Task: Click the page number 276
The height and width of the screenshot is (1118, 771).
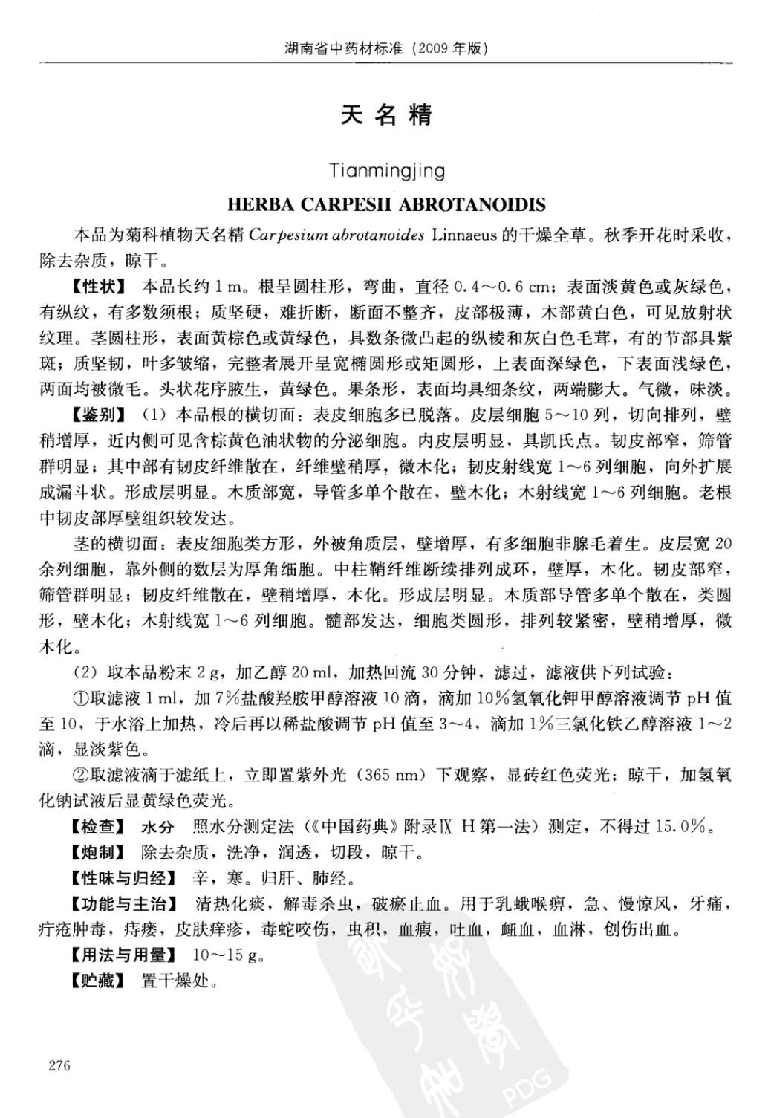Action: tap(59, 1065)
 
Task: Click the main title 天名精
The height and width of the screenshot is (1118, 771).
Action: tap(386, 115)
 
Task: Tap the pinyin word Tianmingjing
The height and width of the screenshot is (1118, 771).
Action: tap(387, 171)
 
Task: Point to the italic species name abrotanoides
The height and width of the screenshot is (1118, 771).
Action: tap(378, 235)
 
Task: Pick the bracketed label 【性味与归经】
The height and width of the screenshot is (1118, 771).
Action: tap(125, 878)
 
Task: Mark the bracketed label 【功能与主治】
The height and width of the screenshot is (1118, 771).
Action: tap(125, 904)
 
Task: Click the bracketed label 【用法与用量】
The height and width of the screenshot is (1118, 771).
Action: tap(125, 955)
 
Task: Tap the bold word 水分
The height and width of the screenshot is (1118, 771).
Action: tap(157, 827)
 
